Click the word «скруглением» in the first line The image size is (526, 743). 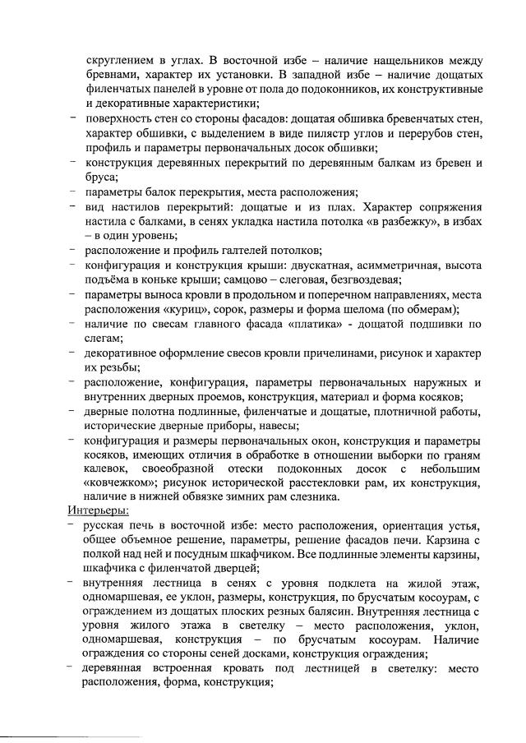122,62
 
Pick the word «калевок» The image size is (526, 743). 104,471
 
